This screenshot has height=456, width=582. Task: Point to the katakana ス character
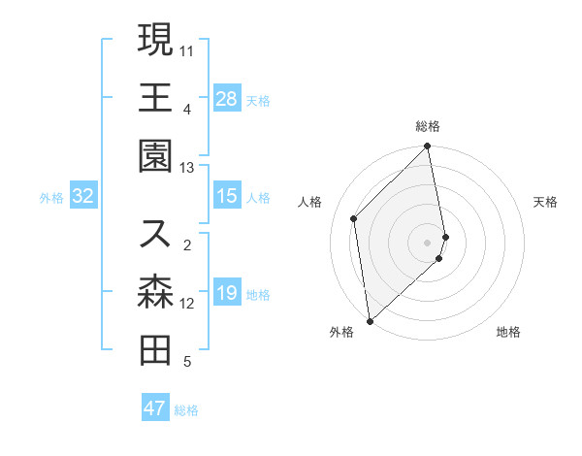pos(155,234)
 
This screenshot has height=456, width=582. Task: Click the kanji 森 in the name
pos(155,292)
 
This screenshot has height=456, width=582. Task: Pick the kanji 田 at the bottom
pos(155,349)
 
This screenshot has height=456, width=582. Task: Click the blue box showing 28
pos(227,99)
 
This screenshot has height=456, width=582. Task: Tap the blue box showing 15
pos(227,197)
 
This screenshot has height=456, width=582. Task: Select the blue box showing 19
pos(227,294)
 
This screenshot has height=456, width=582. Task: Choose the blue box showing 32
pos(83,197)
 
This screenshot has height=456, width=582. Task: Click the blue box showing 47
pos(155,408)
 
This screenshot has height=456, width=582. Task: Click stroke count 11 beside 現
pos(187,49)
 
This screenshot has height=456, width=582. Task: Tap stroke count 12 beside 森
pos(187,304)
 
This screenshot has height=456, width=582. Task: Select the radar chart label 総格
pos(428,126)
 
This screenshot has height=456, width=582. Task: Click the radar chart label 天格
pos(546,202)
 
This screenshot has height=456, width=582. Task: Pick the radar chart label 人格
pos(310,202)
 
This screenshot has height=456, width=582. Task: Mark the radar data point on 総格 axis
pos(428,147)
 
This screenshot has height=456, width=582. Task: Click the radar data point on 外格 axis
pos(370,320)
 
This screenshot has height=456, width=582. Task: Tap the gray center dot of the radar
pos(428,242)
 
